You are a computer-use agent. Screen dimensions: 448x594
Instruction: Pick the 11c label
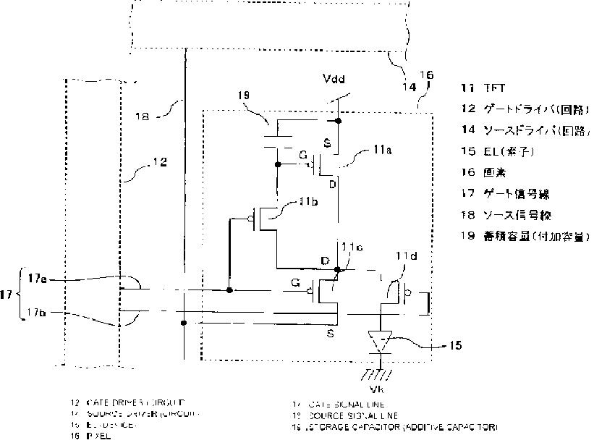pos(352,248)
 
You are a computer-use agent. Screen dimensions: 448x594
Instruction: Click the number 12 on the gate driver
pos(159,164)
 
